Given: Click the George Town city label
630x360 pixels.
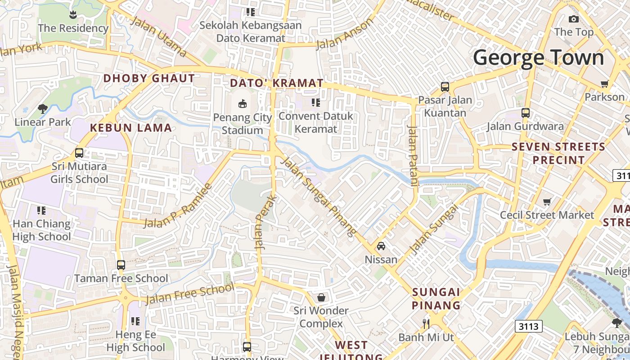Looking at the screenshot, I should (x=538, y=58).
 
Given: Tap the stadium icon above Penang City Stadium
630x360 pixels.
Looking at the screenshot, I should (x=243, y=104).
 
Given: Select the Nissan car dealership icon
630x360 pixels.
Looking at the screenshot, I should (x=381, y=246).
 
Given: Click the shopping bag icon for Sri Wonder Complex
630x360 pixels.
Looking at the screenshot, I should (x=321, y=297).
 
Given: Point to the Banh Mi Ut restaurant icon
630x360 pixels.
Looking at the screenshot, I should (x=426, y=323).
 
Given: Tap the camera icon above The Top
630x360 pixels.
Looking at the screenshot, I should (x=573, y=19).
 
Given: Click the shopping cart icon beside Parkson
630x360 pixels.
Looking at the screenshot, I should (x=604, y=84).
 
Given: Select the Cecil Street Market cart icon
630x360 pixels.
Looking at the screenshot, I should (x=547, y=202).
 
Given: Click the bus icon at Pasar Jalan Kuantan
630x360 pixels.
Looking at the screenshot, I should (x=445, y=87).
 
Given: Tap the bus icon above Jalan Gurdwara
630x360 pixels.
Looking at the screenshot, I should (x=525, y=113).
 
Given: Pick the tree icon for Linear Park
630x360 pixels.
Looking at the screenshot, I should (x=43, y=108).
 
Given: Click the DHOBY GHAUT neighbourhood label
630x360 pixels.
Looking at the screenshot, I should (x=149, y=78).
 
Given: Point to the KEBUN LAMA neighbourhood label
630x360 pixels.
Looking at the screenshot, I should (x=131, y=128).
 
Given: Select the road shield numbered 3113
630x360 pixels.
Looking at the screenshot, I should (x=528, y=326).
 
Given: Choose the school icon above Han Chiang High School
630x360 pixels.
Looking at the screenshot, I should (x=41, y=210).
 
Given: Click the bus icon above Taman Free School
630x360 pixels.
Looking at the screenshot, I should (x=121, y=265).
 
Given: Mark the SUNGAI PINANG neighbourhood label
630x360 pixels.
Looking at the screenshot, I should (x=436, y=298).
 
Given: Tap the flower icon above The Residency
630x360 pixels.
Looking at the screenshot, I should (x=73, y=15).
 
